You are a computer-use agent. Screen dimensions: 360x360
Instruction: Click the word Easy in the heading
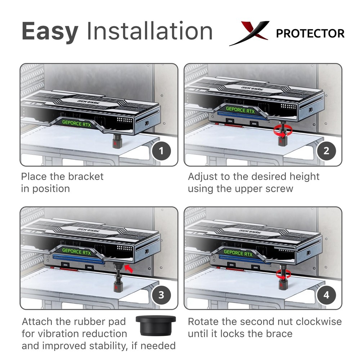pos(50,31)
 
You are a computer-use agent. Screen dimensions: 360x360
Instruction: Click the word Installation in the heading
pos(149,31)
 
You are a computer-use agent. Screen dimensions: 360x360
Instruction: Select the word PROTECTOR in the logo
pos(310,33)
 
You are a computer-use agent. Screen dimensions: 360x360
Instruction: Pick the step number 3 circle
pos(161,295)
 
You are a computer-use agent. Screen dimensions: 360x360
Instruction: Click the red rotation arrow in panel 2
pos(282,131)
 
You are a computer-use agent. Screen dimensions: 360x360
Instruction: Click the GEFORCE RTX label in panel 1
pos(76,122)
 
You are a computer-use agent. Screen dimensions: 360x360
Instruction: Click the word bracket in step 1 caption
pos(82,176)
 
